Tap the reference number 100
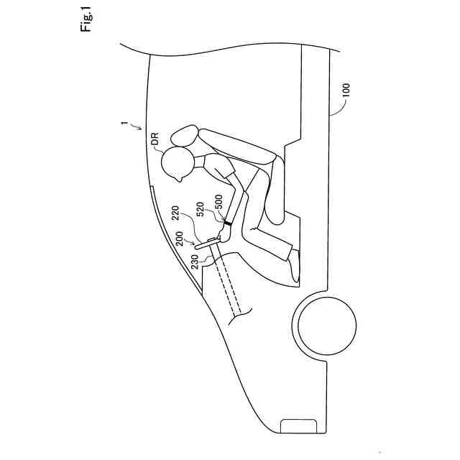coord(346,91)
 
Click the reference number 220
coord(174,213)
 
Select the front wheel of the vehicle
coord(325,326)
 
